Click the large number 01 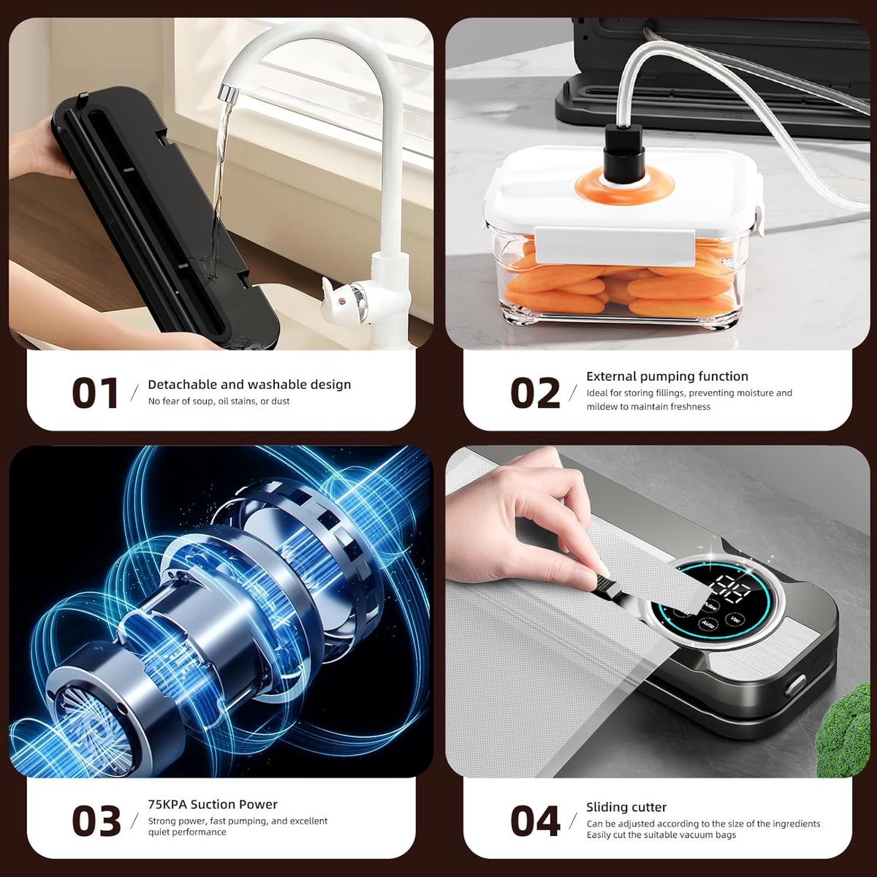tap(95, 392)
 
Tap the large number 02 tap(535, 392)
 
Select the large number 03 tap(96, 821)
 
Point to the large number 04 tap(535, 821)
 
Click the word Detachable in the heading tap(183, 384)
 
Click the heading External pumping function tap(667, 377)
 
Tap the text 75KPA tap(167, 804)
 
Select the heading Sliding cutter tap(626, 807)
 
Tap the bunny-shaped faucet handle tap(338, 295)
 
